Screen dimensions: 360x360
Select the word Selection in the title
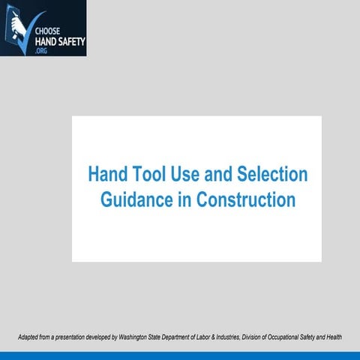(273, 175)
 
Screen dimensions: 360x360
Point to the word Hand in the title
(106, 175)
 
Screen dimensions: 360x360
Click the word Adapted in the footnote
(29, 337)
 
